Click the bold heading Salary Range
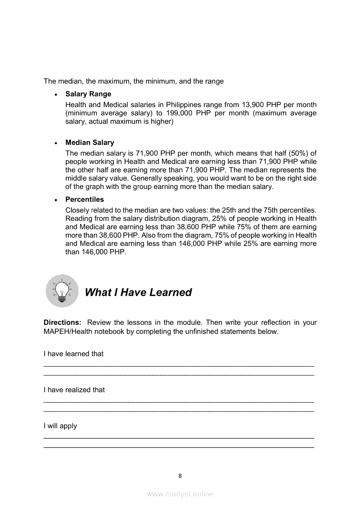pyautogui.click(x=88, y=94)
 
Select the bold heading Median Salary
pyautogui.click(x=90, y=142)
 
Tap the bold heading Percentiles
pyautogui.click(x=85, y=199)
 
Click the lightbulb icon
pyautogui.click(x=62, y=290)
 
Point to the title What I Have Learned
pyautogui.click(x=138, y=292)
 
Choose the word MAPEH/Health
pyautogui.click(x=65, y=331)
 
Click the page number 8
pyautogui.click(x=180, y=475)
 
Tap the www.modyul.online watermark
pyautogui.click(x=180, y=494)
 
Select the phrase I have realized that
pyautogui.click(x=74, y=390)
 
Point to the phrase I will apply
pyautogui.click(x=60, y=426)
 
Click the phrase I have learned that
pyautogui.click(x=74, y=354)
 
